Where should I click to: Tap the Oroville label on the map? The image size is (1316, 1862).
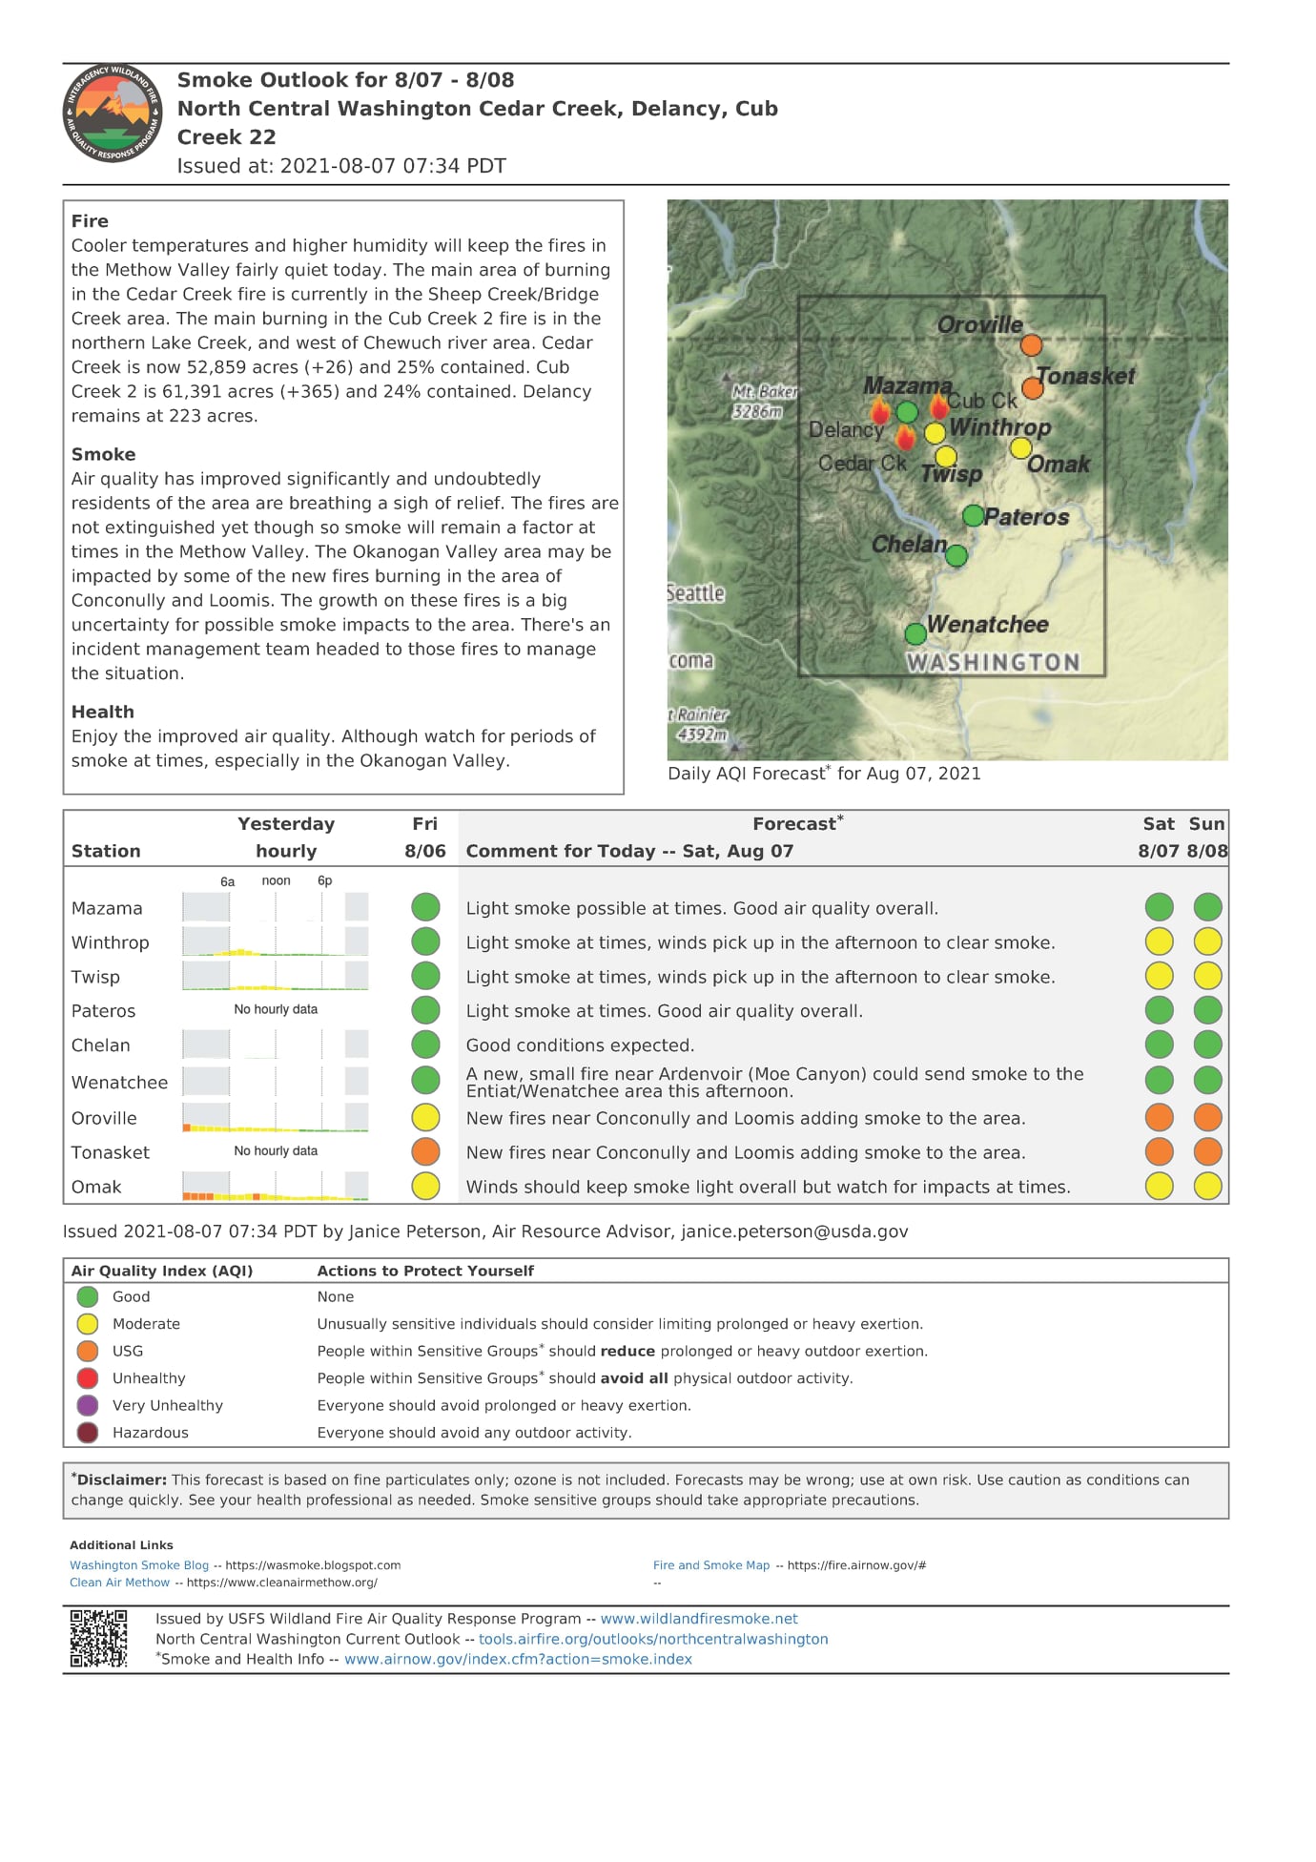coord(979,325)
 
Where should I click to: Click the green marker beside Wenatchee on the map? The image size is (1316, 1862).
coord(915,633)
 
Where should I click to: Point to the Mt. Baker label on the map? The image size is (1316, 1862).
coord(764,401)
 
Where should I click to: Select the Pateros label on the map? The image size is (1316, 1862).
coord(1027,517)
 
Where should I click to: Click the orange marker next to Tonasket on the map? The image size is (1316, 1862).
coord(1032,388)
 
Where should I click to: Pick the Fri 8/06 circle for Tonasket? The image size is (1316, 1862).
coord(425,1152)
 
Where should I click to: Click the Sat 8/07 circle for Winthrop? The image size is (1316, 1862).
coord(1159,942)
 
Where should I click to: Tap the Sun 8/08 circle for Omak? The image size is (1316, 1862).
coord(1207,1187)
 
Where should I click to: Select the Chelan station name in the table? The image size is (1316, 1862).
coord(100,1045)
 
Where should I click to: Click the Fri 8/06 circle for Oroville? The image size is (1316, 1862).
coord(425,1118)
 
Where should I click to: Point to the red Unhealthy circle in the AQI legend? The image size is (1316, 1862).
coord(88,1378)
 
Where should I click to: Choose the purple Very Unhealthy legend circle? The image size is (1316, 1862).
coord(88,1405)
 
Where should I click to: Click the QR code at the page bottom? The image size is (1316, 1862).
coord(98,1639)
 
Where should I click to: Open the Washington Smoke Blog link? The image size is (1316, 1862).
coord(139,1565)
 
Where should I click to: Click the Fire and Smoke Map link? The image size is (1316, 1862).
coord(711,1565)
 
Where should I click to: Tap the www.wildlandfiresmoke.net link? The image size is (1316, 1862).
coord(699,1619)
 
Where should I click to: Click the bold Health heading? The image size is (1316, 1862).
coord(103,712)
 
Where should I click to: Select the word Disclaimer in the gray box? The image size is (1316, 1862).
coord(122,1480)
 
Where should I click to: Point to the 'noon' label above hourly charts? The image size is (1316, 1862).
coord(276,880)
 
